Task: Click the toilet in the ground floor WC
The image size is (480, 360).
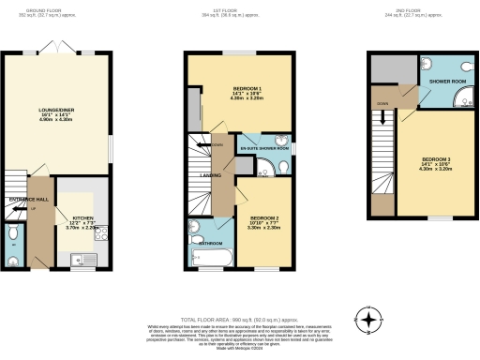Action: (11, 232)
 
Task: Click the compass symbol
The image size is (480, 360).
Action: (371, 321)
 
